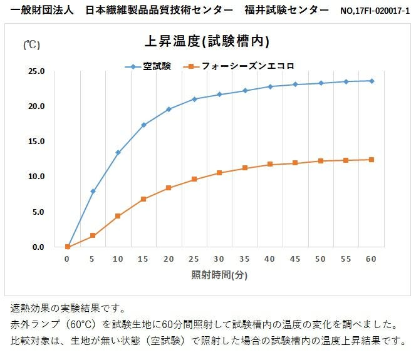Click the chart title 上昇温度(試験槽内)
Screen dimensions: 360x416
(x=207, y=42)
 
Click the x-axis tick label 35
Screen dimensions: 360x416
(x=245, y=259)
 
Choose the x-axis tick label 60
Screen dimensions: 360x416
(x=372, y=259)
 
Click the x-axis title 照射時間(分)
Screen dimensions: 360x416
(x=219, y=275)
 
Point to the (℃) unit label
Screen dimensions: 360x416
(x=32, y=44)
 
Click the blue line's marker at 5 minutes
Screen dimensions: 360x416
(x=93, y=191)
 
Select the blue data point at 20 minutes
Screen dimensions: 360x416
(x=169, y=110)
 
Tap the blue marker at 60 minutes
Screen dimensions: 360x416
(x=372, y=81)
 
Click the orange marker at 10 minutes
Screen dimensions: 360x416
(x=118, y=216)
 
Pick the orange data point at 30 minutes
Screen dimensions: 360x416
(x=219, y=173)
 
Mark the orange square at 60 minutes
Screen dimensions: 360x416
(x=372, y=160)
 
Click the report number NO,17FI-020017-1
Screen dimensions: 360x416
(x=375, y=11)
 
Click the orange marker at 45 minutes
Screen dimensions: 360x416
(x=295, y=163)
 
